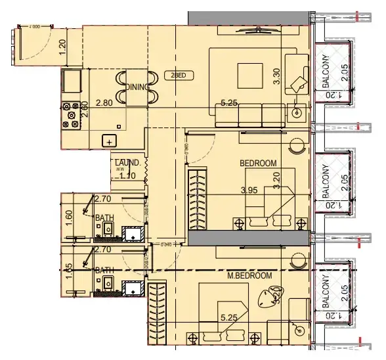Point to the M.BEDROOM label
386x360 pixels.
(249, 276)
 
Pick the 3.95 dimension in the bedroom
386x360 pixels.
(248, 191)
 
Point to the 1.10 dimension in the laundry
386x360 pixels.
(128, 175)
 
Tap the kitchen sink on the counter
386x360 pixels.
(109, 140)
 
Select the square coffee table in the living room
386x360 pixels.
(250, 72)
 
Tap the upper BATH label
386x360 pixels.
(103, 217)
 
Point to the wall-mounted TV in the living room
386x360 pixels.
(259, 29)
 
